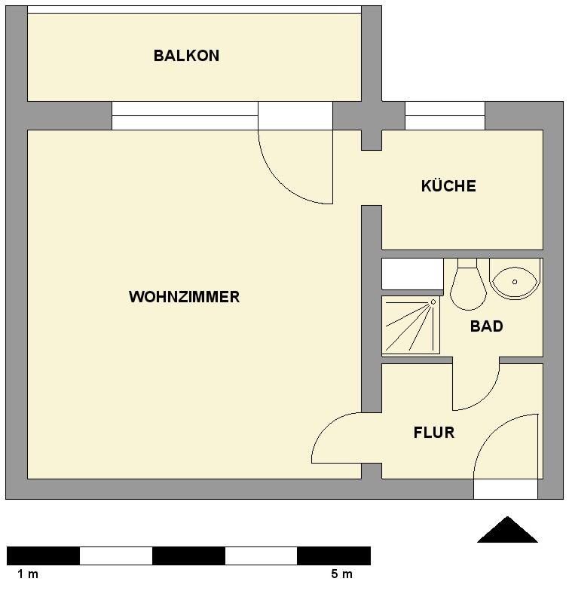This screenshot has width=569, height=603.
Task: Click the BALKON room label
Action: (x=186, y=56)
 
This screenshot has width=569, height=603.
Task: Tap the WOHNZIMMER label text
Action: (x=184, y=297)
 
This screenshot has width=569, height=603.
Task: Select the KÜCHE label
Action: (x=448, y=185)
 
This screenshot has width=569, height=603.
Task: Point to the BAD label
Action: (x=486, y=326)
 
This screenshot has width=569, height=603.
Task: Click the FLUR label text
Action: (x=434, y=433)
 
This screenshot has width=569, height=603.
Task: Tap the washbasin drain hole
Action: (x=515, y=282)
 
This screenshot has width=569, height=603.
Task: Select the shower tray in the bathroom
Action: (x=411, y=325)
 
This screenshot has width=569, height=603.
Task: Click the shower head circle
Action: (x=433, y=302)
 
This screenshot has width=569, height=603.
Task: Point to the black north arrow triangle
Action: (x=507, y=530)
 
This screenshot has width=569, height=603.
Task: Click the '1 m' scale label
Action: (x=28, y=574)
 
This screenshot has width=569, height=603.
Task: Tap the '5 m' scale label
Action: (x=342, y=574)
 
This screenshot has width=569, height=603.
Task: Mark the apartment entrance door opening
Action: (x=505, y=489)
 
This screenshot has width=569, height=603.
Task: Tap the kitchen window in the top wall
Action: (x=445, y=116)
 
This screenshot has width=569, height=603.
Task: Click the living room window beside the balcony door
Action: (x=185, y=116)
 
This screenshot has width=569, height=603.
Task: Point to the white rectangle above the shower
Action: (x=412, y=274)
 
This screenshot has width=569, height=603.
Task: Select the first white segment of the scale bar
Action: (x=116, y=556)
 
